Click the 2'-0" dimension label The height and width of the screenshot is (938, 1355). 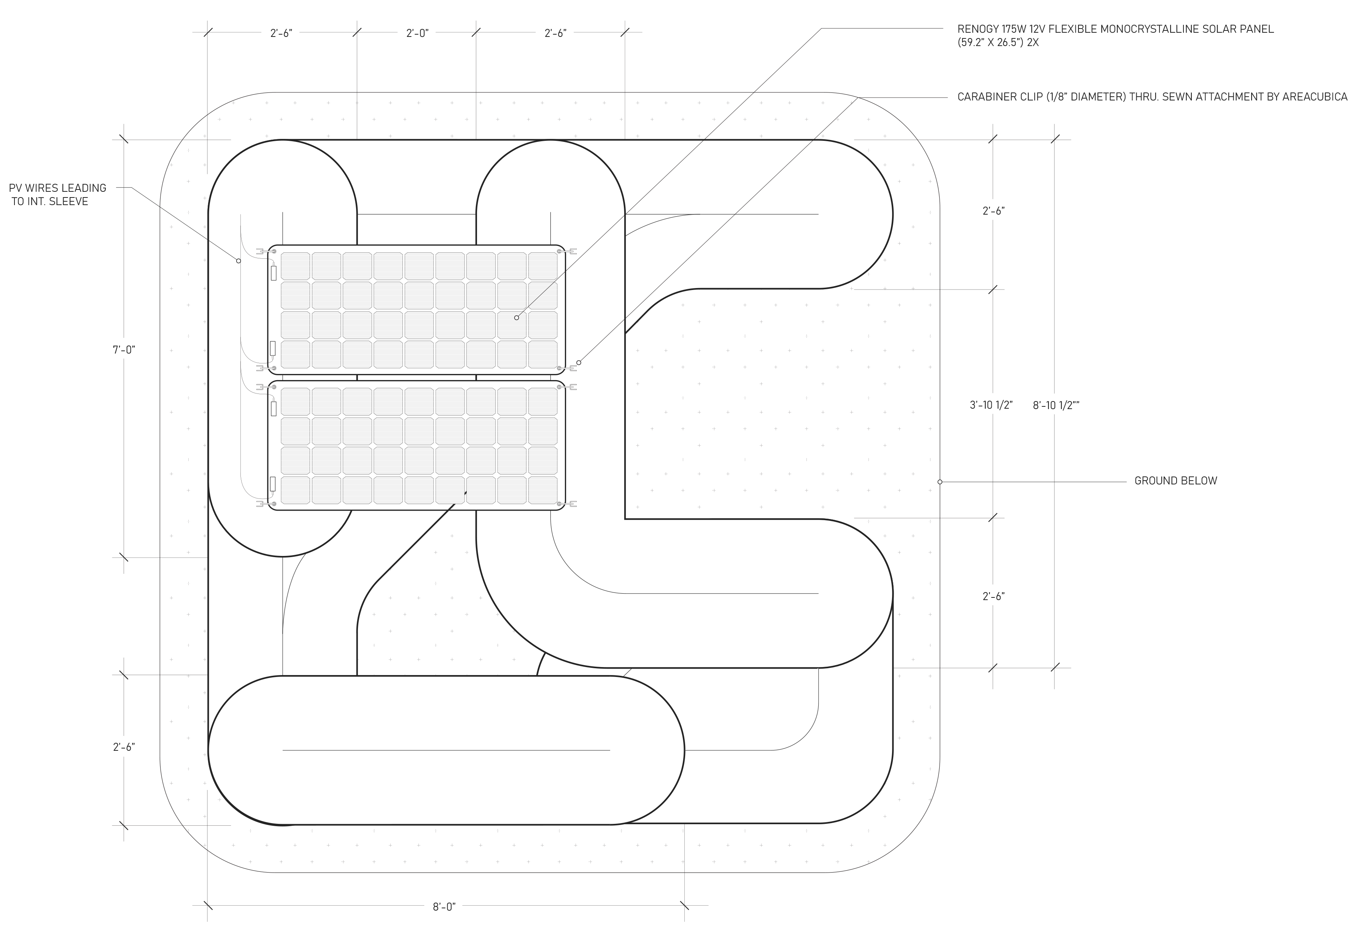point(417,33)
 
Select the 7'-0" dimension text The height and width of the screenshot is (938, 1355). point(124,350)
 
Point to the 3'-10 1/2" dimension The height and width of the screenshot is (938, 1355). point(991,405)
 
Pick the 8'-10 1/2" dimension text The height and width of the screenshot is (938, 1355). point(1056,405)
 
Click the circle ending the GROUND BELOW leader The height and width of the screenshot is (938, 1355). point(940,482)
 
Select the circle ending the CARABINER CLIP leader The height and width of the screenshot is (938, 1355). point(579,363)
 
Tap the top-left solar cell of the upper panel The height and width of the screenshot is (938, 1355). point(296,266)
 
